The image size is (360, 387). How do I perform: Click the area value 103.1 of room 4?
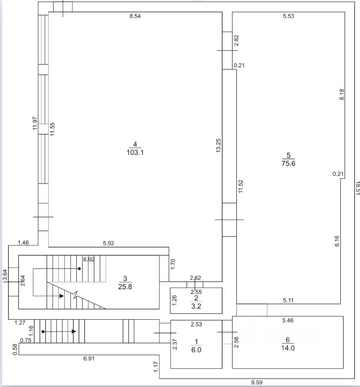pos(135,153)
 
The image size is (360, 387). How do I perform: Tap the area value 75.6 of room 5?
pos(288,163)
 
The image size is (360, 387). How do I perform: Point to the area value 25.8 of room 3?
pos(125,287)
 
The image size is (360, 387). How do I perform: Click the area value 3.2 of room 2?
pos(196,305)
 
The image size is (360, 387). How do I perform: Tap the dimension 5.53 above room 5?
pos(288,17)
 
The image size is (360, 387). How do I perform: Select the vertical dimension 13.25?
pos(218,145)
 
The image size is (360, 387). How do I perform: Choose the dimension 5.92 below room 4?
pos(109,243)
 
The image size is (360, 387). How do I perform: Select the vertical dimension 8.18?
pos(342,94)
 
